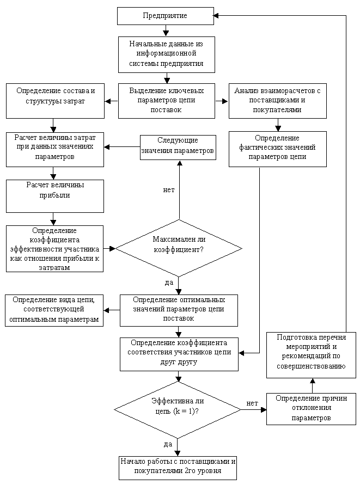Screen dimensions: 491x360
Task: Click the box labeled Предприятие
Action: (x=165, y=16)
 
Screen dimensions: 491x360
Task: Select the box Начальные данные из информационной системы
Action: (x=166, y=54)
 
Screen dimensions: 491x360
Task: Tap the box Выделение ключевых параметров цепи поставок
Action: (x=166, y=100)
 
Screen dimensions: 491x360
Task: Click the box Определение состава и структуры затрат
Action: (x=55, y=101)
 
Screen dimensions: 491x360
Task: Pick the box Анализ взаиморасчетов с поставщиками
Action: (x=277, y=100)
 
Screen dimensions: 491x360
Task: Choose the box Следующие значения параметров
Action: (x=178, y=147)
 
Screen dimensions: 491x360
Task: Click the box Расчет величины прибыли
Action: (x=55, y=196)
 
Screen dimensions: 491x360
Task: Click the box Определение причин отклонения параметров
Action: (x=311, y=408)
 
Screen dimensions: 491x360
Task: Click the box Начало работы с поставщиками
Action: (x=178, y=467)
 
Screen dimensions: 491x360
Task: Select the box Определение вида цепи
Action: (x=54, y=310)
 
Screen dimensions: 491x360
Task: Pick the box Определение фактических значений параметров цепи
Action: (x=277, y=148)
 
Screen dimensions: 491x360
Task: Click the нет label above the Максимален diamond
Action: (x=169, y=190)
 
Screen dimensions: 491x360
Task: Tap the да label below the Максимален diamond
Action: (x=169, y=283)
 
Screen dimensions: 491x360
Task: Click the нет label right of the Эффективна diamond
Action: (x=252, y=403)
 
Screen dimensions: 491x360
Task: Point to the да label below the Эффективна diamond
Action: (x=168, y=444)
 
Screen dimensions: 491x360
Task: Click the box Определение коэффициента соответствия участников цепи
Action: (x=179, y=354)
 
